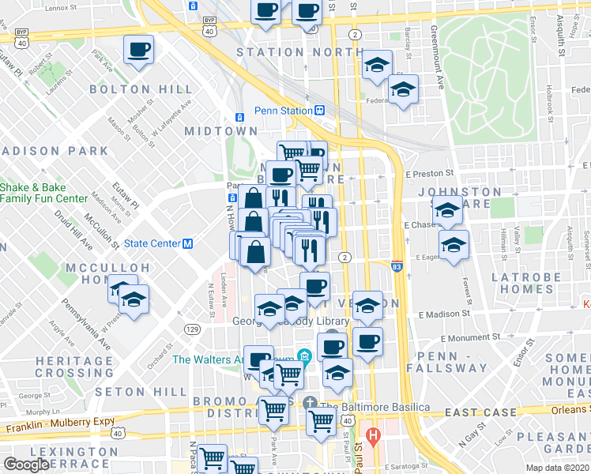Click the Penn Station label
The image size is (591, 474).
click(283, 111)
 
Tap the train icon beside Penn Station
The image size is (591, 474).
click(320, 111)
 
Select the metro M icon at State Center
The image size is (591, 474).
click(189, 243)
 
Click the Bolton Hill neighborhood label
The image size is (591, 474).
click(141, 89)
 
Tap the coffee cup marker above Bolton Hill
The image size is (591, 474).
click(138, 51)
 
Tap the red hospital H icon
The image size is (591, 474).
click(375, 435)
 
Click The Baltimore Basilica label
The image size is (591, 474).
click(375, 407)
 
